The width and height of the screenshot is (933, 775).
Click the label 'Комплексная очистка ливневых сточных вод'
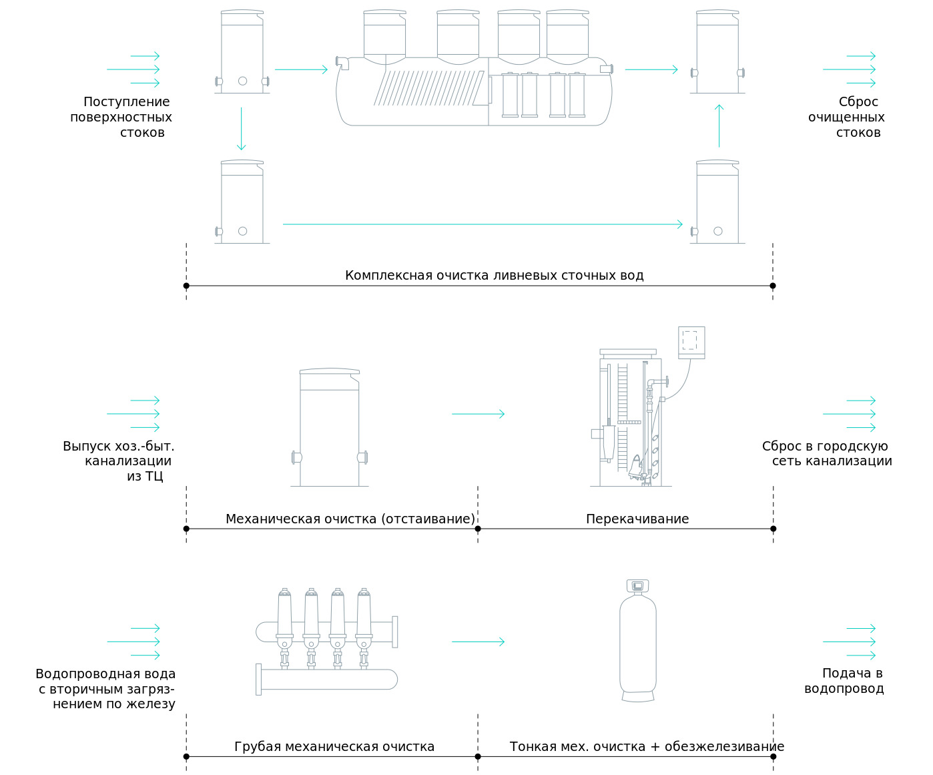click(494, 276)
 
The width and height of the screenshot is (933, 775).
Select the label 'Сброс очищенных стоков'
click(847, 117)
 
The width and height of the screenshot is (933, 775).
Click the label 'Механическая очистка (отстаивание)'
click(350, 519)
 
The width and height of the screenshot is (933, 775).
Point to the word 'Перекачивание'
click(637, 519)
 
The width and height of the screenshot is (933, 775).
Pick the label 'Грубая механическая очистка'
click(334, 746)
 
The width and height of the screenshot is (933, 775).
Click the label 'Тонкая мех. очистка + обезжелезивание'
click(647, 746)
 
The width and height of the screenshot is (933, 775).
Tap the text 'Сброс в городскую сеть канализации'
click(827, 453)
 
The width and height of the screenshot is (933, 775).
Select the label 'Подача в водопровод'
click(844, 681)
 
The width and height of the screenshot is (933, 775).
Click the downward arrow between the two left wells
click(242, 128)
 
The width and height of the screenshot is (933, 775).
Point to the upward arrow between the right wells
click(719, 125)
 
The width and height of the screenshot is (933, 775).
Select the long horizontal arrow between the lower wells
click(483, 224)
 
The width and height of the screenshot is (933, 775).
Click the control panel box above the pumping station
click(691, 342)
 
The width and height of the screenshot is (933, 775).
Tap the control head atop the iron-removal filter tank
click(638, 586)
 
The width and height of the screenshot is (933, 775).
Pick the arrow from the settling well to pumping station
click(478, 414)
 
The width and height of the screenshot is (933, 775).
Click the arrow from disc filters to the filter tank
click(478, 641)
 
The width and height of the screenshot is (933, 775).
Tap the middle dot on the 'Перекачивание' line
click(478, 529)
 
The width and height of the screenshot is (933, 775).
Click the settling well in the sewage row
click(330, 427)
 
